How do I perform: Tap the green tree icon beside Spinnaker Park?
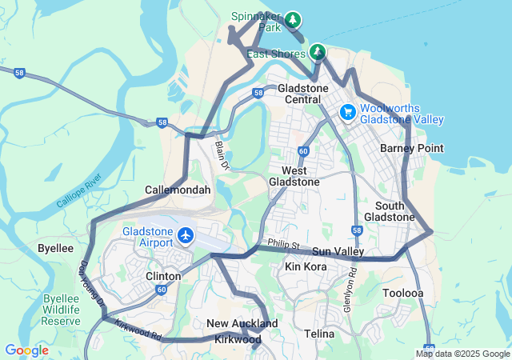[294, 18]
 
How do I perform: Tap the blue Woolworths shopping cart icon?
[348, 113]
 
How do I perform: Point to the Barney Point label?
[411, 148]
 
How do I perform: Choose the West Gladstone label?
[299, 176]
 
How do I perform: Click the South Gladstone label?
[390, 211]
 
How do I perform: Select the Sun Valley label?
[338, 251]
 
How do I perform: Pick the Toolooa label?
[402, 293]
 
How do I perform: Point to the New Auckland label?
[242, 323]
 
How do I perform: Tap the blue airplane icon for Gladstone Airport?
[186, 235]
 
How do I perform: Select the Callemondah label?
[178, 190]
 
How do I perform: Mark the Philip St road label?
[283, 244]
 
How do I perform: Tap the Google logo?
[26, 350]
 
